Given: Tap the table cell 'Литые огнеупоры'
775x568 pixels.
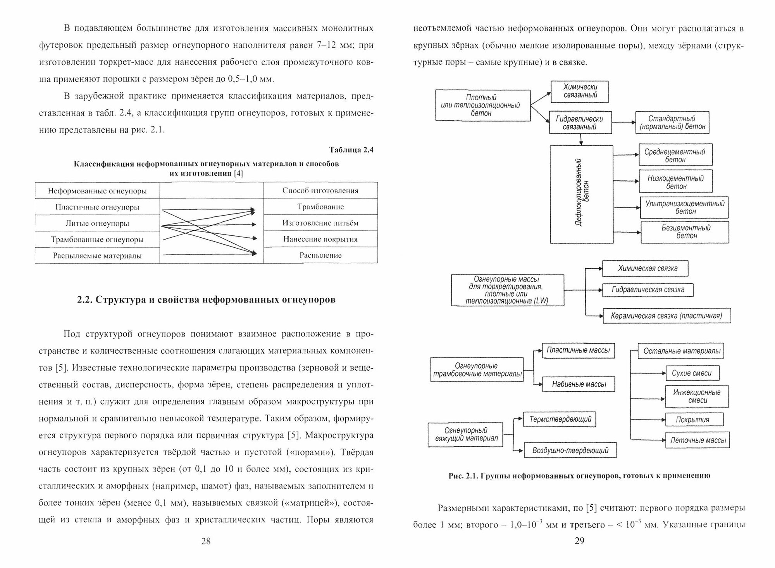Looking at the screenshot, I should coord(97,223).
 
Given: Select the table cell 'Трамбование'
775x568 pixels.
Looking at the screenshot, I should coord(320,207).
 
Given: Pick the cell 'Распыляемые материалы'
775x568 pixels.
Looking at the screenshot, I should coord(97,256).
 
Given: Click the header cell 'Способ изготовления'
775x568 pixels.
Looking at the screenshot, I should coord(320,190).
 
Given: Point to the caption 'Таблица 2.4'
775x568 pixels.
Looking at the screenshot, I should coord(351,150).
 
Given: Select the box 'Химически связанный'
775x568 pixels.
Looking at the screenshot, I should coord(580,92).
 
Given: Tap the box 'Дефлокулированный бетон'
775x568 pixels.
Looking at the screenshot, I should coord(582,194).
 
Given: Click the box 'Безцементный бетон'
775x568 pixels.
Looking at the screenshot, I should coord(685,232).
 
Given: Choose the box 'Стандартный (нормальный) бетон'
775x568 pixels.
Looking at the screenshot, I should coord(672,123).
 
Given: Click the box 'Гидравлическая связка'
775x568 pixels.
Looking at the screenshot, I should coord(648,290).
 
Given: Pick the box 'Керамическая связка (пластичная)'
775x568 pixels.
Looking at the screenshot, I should coord(666,316).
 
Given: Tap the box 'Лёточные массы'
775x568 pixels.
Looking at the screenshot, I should coord(698,440).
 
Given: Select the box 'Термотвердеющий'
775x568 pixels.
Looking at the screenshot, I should coord(560,419).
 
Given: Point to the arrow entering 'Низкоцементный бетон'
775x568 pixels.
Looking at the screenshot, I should coord(627,181).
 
